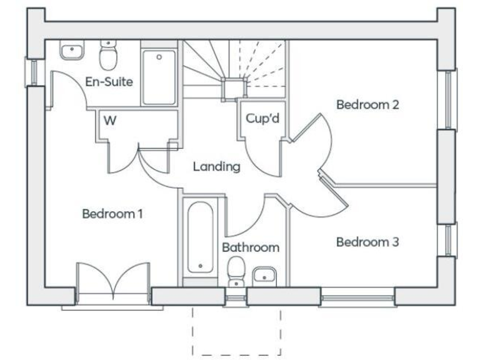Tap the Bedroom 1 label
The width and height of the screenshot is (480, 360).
click(113, 214)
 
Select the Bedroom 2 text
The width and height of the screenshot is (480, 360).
click(367, 104)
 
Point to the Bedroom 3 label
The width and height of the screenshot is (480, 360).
click(367, 242)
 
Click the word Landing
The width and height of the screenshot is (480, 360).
click(216, 167)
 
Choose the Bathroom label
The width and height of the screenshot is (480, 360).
click(251, 247)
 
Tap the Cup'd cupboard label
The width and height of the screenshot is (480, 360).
click(262, 119)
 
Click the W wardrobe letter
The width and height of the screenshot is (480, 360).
click(110, 121)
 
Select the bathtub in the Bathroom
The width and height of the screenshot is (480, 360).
click(200, 237)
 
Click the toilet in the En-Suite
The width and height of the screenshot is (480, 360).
click(109, 56)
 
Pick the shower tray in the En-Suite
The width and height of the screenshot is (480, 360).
click(159, 77)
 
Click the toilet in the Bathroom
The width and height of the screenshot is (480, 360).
click(236, 271)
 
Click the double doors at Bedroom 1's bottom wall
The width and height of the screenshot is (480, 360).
click(112, 281)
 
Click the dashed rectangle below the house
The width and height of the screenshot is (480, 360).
click(236, 331)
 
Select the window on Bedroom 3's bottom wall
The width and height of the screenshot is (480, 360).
click(357, 297)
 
